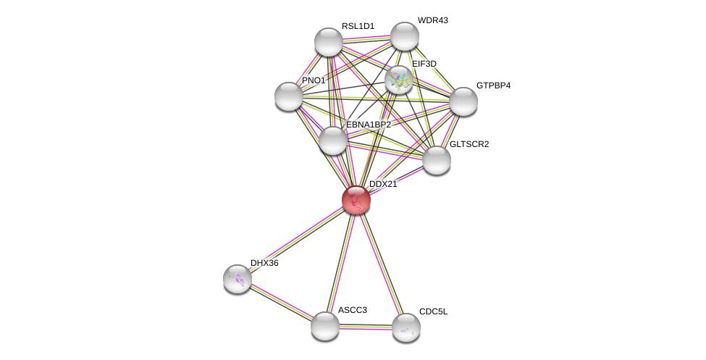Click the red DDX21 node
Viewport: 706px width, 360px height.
[356, 200]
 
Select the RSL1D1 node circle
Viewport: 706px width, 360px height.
[329, 42]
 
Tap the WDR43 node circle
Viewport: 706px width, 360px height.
[405, 36]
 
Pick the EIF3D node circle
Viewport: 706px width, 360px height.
[399, 80]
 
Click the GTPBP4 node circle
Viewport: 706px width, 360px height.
[463, 101]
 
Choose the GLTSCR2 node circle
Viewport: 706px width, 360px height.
[437, 160]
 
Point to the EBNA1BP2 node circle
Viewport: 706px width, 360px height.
[333, 141]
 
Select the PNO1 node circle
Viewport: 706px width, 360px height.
[289, 96]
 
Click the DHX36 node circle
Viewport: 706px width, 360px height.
[238, 279]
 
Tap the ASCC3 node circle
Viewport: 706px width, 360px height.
[325, 326]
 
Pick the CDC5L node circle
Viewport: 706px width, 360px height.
[406, 327]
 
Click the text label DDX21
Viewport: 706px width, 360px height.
[383, 184]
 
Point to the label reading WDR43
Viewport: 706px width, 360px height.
[432, 20]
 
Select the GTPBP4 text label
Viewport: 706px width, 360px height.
[493, 85]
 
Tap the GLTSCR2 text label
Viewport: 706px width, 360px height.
[469, 144]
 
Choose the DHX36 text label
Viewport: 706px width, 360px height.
[264, 263]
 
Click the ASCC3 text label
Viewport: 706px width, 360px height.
[353, 310]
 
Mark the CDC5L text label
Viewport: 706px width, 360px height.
[434, 311]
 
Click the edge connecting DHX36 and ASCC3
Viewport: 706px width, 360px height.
[281, 302]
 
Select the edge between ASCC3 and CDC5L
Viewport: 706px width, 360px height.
[366, 327]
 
